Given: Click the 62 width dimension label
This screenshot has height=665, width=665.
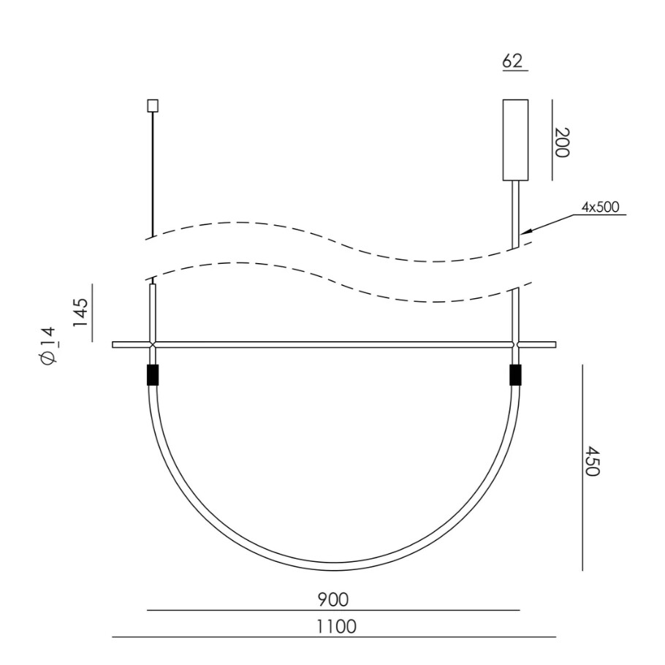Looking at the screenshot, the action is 512,61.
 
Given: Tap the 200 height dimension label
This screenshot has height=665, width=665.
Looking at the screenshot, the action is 562,142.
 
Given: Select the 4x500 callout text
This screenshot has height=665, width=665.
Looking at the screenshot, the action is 600,207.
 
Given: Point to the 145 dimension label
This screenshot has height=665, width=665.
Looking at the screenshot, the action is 80,313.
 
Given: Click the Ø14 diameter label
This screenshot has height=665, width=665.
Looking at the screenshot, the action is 48,345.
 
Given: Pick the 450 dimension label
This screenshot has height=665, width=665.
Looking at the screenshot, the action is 592,461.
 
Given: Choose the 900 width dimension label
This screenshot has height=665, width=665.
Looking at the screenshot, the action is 333,599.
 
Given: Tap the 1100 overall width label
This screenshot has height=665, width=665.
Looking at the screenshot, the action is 337,626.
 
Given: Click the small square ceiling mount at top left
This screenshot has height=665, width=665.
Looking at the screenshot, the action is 153,106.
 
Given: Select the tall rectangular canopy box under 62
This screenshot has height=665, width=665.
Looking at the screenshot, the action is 515,140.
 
